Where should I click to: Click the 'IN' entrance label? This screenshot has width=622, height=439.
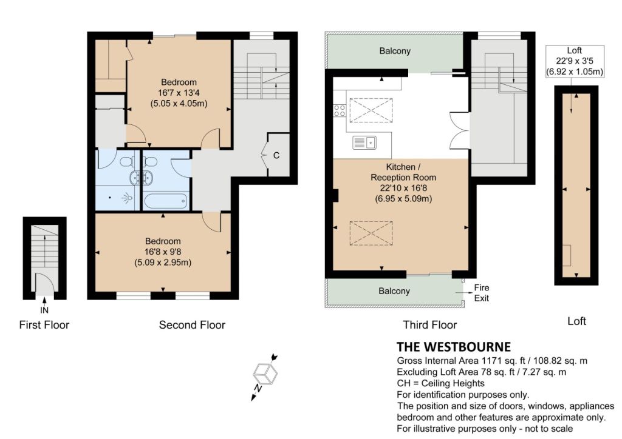(x=44, y=310)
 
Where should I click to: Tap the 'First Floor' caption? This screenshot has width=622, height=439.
(x=44, y=325)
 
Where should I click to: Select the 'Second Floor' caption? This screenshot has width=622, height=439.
(x=192, y=325)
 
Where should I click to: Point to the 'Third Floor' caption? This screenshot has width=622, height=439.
(x=430, y=325)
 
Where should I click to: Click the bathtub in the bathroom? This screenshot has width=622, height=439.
(x=165, y=201)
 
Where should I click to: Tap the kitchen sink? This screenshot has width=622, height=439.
(x=364, y=142)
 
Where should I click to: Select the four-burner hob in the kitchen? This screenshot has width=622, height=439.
(x=340, y=110)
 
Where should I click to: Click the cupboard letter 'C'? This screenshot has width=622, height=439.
(x=276, y=156)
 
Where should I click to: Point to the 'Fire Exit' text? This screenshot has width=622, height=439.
(x=482, y=293)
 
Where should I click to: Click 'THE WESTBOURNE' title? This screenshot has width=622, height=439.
(x=454, y=347)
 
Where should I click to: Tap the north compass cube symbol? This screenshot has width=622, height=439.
(x=265, y=374)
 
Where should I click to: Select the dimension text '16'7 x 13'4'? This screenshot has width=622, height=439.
(x=179, y=93)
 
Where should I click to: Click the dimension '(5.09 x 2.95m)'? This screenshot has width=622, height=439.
(x=163, y=263)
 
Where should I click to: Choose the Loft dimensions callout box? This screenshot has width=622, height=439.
(x=575, y=61)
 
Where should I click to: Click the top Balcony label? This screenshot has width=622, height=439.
(x=395, y=51)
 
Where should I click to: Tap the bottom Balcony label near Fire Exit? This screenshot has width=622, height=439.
(x=394, y=291)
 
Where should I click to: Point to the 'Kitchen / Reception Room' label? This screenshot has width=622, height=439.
(x=403, y=172)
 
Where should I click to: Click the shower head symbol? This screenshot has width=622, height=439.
(x=126, y=198)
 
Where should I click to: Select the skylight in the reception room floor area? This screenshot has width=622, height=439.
(x=371, y=233)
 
